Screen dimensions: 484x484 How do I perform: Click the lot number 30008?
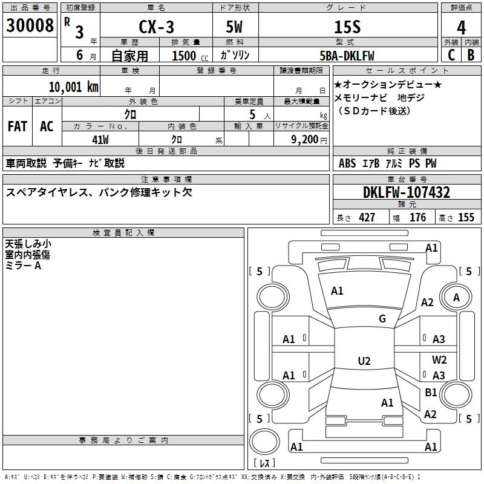click(x=30, y=25)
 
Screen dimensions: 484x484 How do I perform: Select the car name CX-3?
click(x=156, y=27)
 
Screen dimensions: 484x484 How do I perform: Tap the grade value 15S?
click(x=347, y=27)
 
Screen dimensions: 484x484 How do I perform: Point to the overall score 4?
click(x=461, y=28)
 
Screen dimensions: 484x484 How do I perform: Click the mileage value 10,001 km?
click(x=74, y=87)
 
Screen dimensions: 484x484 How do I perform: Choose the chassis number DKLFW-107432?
click(x=407, y=192)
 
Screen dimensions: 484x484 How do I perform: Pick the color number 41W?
click(x=100, y=140)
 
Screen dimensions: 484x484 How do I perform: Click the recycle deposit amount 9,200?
click(x=305, y=140)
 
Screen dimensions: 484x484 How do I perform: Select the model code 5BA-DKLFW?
click(x=347, y=56)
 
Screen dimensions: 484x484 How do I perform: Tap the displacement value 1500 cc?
click(x=190, y=56)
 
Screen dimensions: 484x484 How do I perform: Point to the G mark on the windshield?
click(x=382, y=318)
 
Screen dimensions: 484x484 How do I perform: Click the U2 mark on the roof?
click(x=364, y=361)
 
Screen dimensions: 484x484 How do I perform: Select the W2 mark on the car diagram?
click(x=439, y=359)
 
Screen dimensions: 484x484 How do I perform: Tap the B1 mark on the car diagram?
click(x=431, y=392)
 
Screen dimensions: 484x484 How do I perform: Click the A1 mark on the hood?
click(x=337, y=290)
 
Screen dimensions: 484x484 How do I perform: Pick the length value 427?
click(x=367, y=217)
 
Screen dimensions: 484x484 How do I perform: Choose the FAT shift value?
click(x=18, y=126)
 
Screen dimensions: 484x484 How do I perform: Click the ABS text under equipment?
click(x=347, y=163)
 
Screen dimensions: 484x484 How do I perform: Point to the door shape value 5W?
click(x=234, y=27)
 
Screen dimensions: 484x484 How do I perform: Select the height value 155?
click(x=466, y=217)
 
